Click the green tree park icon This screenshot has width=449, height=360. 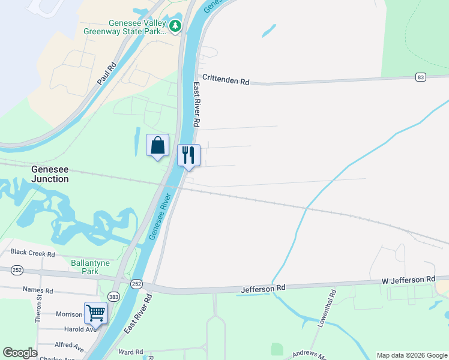coord(175,26)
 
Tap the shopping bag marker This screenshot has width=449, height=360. coord(157,145)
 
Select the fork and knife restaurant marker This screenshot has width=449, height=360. coord(188,155)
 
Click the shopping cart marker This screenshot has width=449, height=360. coord(95,313)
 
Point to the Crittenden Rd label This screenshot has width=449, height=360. coord(226,79)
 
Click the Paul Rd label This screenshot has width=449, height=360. coord(106,74)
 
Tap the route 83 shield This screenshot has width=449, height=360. coord(421,77)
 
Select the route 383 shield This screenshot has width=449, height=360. coord(113,296)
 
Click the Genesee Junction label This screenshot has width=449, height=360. coord(50,174)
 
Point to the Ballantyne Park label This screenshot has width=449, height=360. coord(92,267)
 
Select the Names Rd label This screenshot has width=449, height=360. coord(38,290)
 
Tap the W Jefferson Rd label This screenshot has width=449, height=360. coord(408,280)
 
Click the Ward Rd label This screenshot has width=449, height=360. coord(131,352)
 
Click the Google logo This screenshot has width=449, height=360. coord(20,353)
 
